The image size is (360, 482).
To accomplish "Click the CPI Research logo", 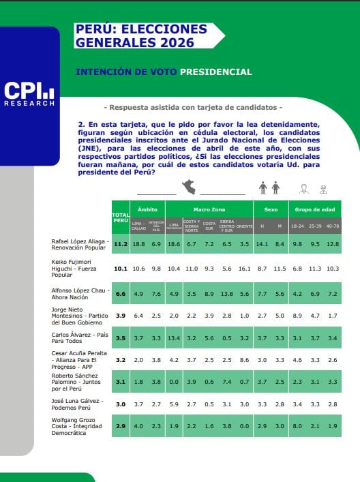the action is click(x=29, y=94).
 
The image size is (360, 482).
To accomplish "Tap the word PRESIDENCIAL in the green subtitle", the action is click(x=215, y=72).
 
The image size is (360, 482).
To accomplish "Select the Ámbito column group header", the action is click(x=148, y=209).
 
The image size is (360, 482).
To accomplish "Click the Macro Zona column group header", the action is click(x=209, y=209).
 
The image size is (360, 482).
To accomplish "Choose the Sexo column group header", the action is click(x=271, y=209).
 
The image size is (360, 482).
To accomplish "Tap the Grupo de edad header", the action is click(x=314, y=209).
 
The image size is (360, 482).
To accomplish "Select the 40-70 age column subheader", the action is click(x=333, y=225).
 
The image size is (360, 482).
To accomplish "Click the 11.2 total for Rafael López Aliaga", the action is click(x=121, y=243).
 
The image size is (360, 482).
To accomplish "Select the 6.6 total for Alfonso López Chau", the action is click(x=121, y=293).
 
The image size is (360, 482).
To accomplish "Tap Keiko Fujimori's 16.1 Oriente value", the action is click(x=245, y=269).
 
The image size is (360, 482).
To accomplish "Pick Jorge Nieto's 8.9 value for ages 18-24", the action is click(x=297, y=316).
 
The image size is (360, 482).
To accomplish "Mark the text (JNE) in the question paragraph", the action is click(x=92, y=146).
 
